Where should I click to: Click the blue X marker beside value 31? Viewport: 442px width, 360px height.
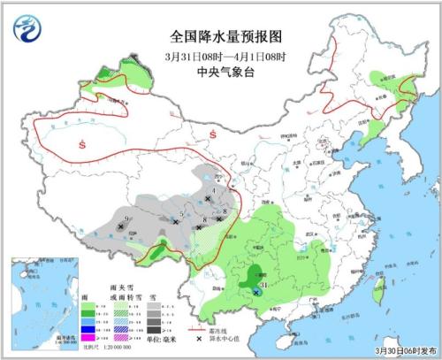click(256, 291)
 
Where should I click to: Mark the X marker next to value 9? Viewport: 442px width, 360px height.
click(120, 226)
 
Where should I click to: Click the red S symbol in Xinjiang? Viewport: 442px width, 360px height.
click(81, 144)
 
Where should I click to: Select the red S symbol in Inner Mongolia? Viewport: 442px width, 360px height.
click(213, 134)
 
